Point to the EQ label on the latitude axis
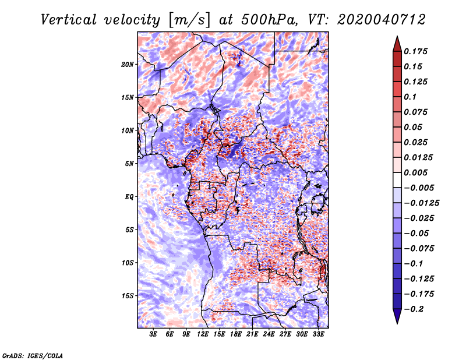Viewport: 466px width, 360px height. tap(129, 197)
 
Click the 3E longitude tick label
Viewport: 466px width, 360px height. tap(154, 334)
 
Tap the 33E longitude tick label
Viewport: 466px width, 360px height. tap(318, 334)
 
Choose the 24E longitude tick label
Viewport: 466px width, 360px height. tap(269, 334)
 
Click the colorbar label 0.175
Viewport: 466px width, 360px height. tap(416, 51)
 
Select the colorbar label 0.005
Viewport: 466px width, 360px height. tap(416, 172)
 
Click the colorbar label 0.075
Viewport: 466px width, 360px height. tap(416, 112)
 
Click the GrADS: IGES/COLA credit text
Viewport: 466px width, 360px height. tap(33, 355)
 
